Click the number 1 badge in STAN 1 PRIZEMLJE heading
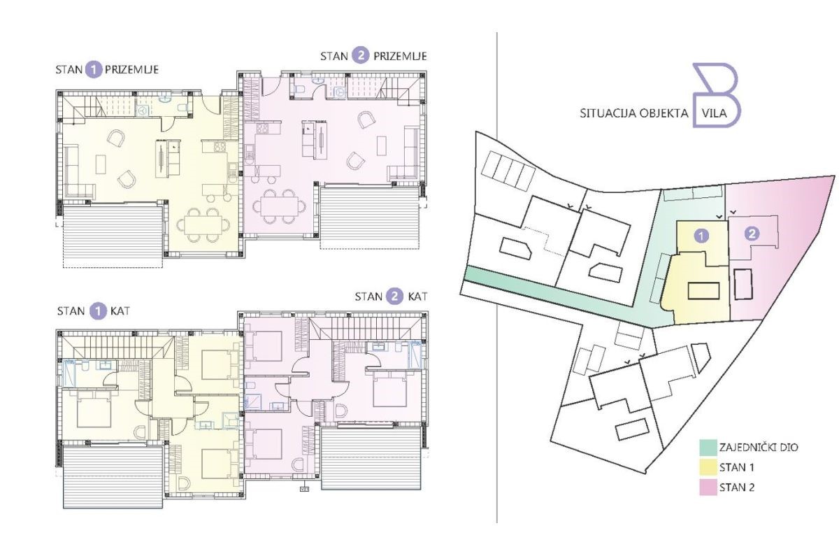94,70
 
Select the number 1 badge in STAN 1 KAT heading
97,311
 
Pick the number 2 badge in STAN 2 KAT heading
394,297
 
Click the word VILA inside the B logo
715,113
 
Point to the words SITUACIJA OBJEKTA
634,113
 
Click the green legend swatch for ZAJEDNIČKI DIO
708,448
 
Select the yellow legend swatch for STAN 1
708,468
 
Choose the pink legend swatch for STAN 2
708,487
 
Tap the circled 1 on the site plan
701,236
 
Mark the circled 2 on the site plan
752,234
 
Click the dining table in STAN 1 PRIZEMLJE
203,224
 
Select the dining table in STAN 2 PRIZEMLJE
280,206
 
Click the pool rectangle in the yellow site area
703,291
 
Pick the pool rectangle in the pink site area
743,284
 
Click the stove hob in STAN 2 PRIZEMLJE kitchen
263,128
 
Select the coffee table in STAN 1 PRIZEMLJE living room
101,164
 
